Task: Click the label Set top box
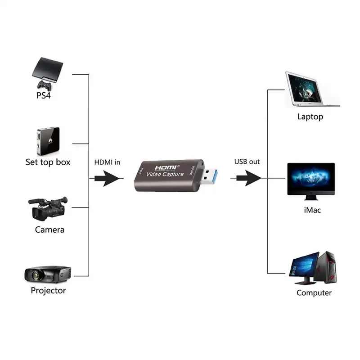tap(48, 162)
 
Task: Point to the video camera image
tap(49, 208)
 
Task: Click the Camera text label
tap(49, 230)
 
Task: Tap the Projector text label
tap(48, 291)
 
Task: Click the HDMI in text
tap(107, 162)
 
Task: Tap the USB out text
tap(247, 162)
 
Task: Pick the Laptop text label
tap(310, 117)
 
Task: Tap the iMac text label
tap(312, 210)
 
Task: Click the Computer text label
tap(314, 293)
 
